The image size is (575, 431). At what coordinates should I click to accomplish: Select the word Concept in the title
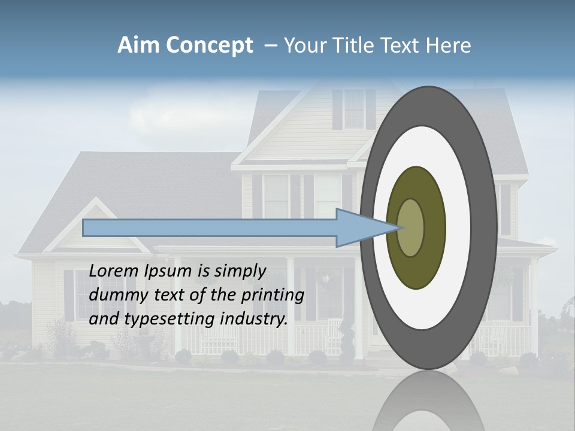[210, 46]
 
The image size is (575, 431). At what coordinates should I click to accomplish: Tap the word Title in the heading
[361, 45]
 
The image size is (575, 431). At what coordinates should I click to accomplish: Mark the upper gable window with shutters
[353, 109]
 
